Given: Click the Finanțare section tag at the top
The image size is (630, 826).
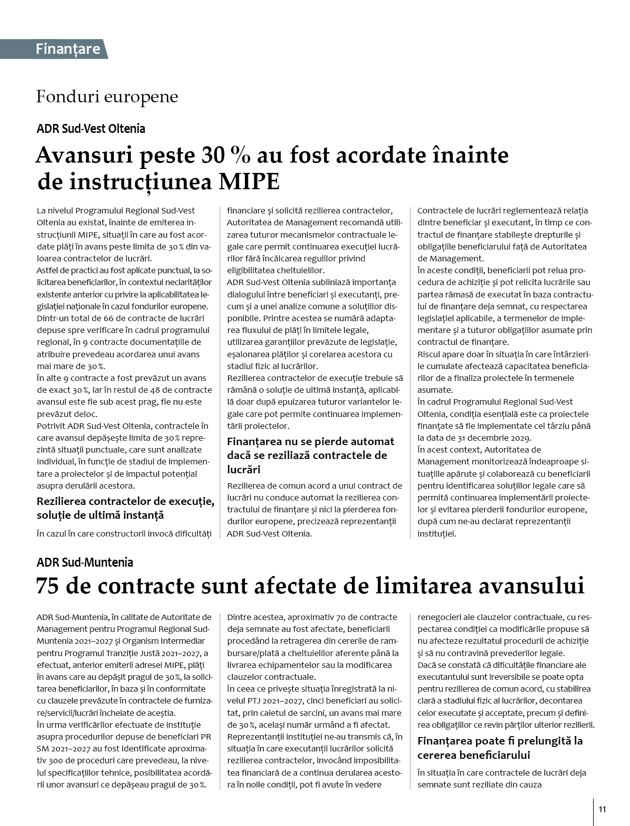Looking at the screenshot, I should click(68, 49).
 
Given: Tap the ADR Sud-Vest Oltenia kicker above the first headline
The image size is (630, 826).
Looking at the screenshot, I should click(91, 129).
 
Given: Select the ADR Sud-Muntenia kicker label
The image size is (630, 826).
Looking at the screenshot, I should click(85, 562).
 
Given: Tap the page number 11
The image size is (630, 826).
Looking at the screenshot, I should click(602, 809).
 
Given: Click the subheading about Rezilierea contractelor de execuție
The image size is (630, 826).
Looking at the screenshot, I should click(125, 508).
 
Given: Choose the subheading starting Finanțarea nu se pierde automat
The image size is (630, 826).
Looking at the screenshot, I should click(310, 454).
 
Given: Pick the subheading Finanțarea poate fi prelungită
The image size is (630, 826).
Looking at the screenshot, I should click(500, 748).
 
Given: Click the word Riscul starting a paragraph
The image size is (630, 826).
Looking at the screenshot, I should click(429, 354).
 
